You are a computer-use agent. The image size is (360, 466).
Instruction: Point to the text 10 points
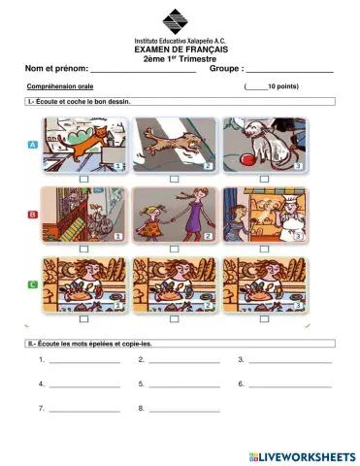281,86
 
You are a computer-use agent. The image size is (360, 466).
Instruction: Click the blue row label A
32,142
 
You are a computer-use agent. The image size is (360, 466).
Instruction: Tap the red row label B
32,214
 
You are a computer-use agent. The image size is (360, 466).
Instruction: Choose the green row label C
32,284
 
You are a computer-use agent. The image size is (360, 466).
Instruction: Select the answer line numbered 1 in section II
84,362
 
